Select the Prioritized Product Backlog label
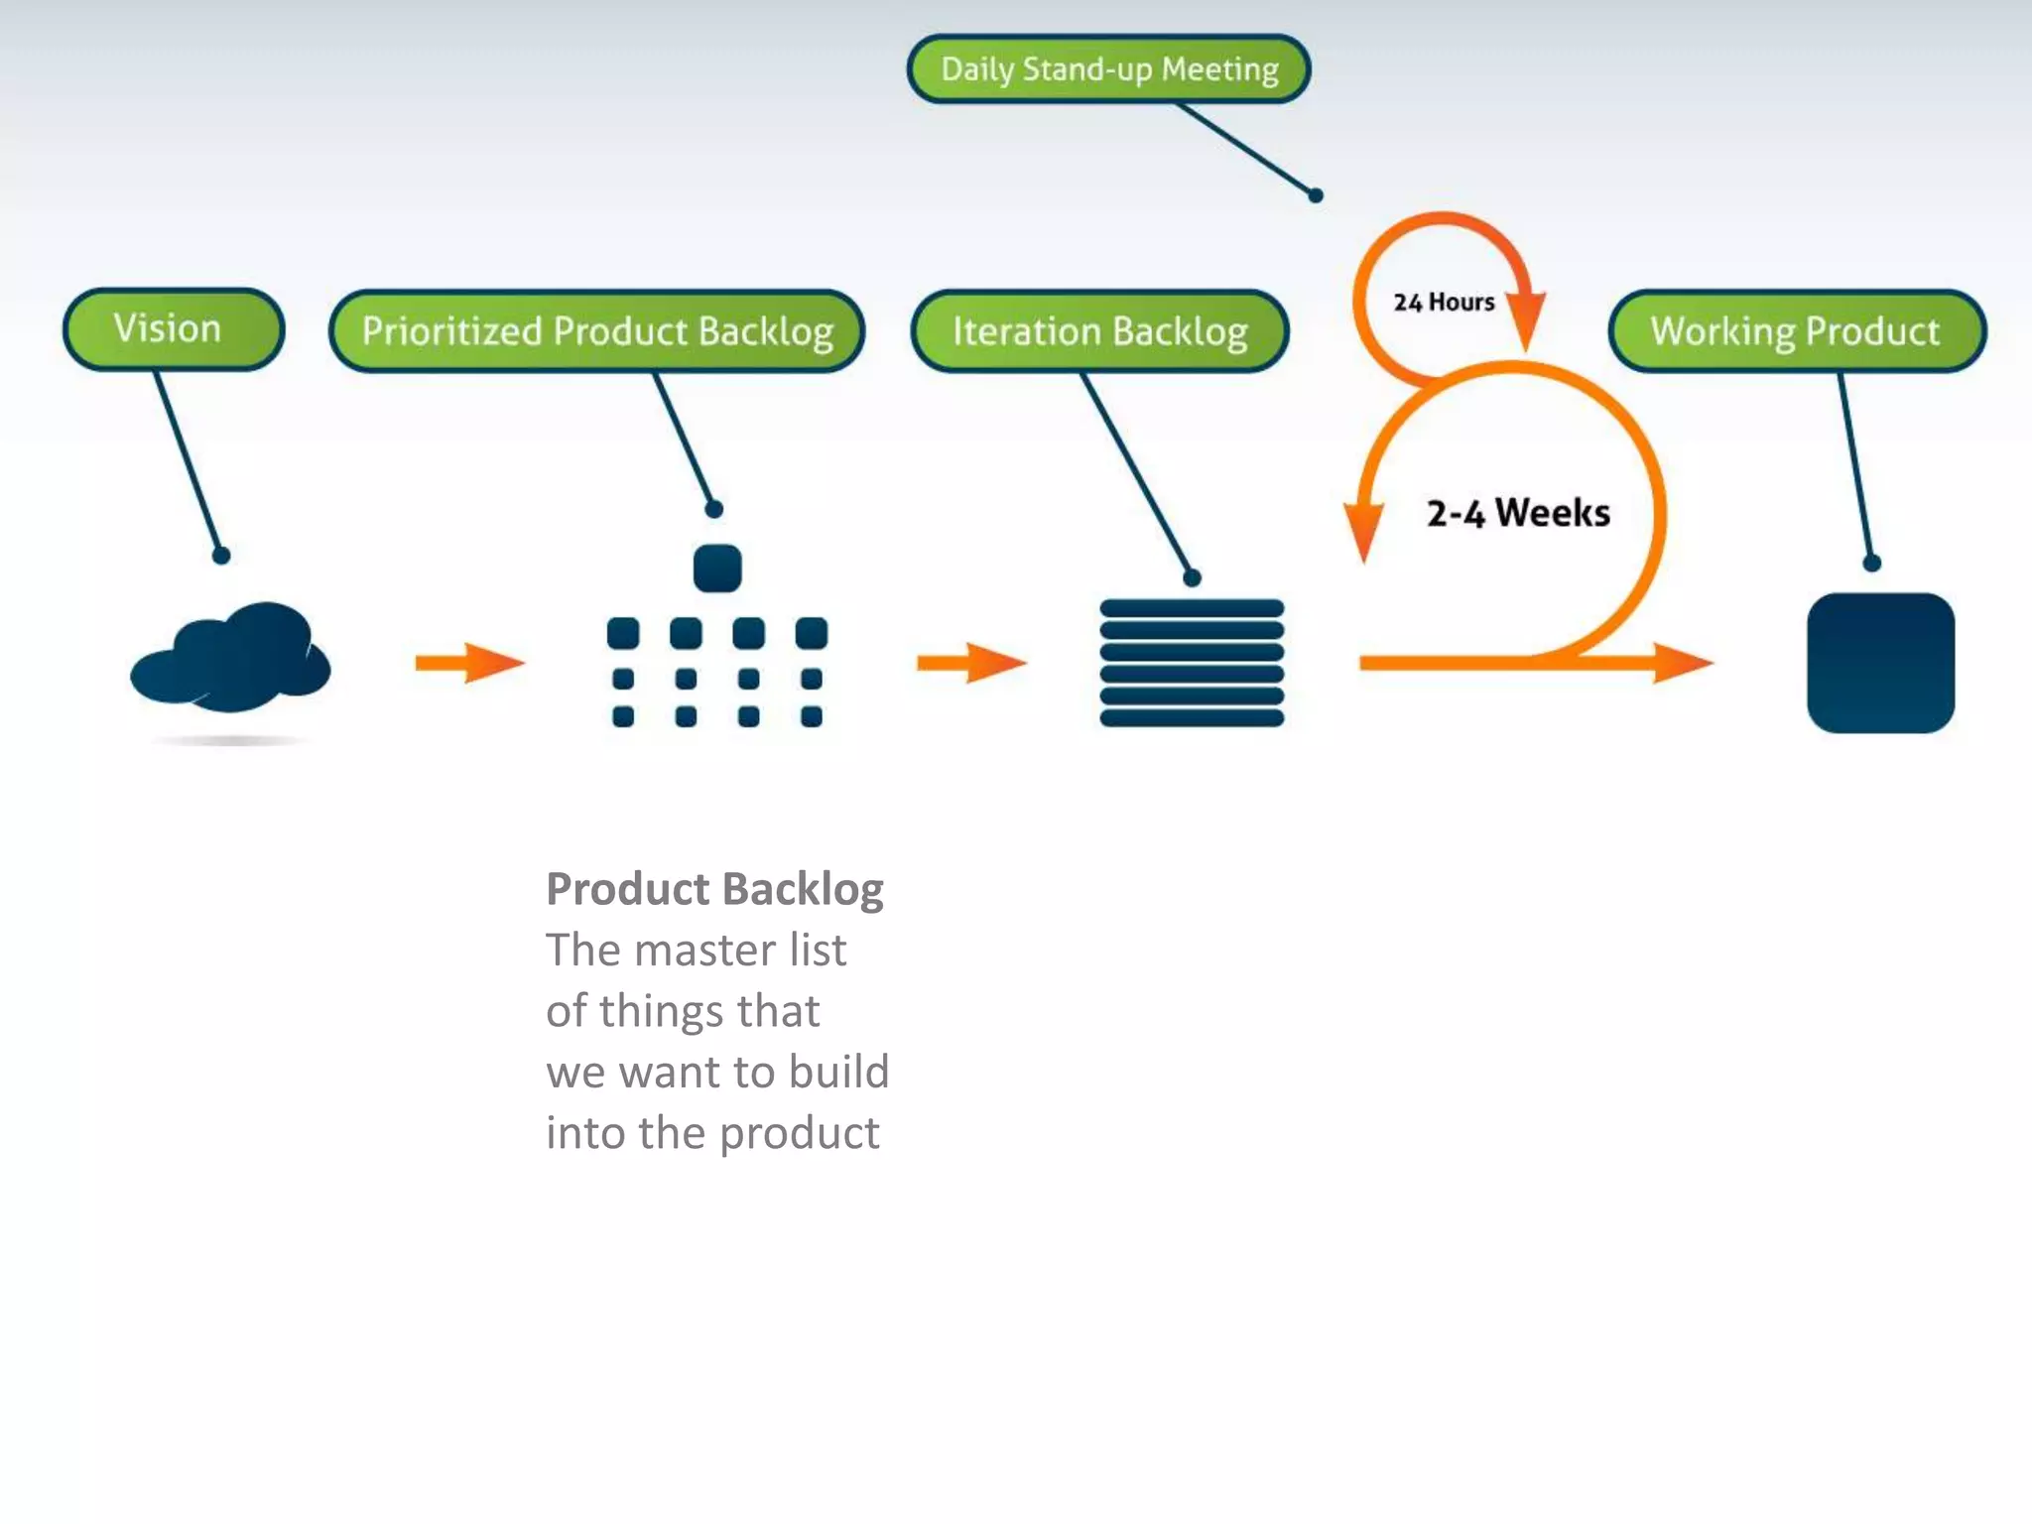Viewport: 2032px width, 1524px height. (x=596, y=331)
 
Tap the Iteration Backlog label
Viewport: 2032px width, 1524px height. (x=1099, y=331)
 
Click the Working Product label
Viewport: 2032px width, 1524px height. (x=1796, y=331)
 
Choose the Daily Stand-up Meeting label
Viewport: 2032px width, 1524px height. (x=1108, y=69)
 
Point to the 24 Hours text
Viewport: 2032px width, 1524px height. (x=1444, y=302)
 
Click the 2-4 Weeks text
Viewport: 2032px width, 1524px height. (x=1518, y=513)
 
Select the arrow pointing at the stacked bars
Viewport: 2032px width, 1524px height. (x=971, y=663)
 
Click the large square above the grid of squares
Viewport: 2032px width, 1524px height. (x=717, y=568)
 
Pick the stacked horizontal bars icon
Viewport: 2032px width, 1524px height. (x=1192, y=663)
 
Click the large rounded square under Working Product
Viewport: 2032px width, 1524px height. (x=1880, y=663)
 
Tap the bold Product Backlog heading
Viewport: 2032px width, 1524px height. (x=714, y=889)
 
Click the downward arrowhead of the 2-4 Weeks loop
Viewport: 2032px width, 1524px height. (x=1364, y=531)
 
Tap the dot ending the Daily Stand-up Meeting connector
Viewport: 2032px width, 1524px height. (x=1316, y=195)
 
